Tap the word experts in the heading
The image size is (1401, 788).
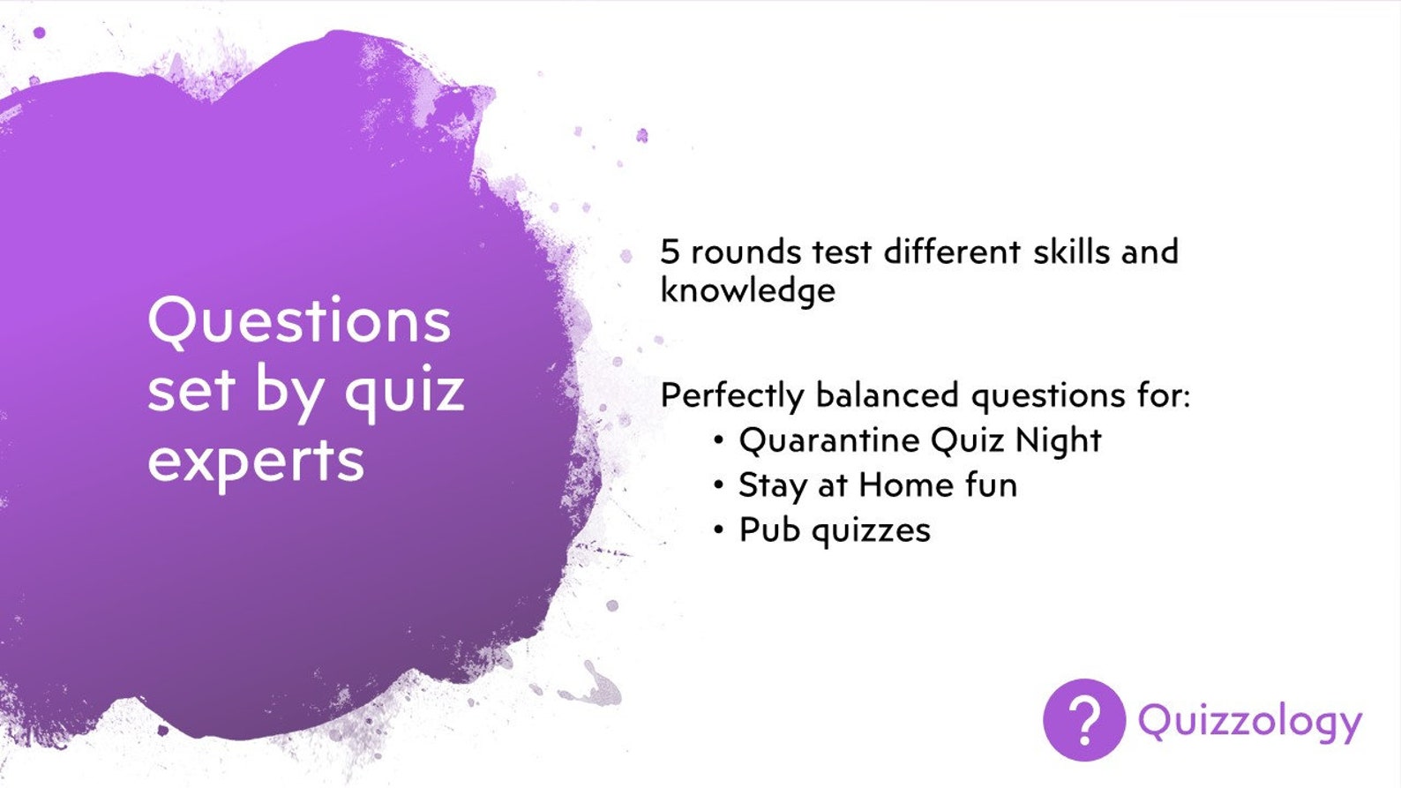click(x=256, y=461)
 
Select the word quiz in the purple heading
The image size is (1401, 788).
click(x=404, y=390)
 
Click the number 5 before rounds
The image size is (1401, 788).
click(x=671, y=252)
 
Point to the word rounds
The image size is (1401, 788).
click(x=745, y=252)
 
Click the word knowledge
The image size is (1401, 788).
click(x=747, y=290)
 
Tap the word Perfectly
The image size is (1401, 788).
click(x=731, y=395)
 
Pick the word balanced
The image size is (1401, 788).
click(x=887, y=394)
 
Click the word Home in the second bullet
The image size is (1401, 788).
click(x=906, y=484)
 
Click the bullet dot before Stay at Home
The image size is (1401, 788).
click(x=720, y=484)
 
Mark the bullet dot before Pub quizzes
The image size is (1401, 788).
click(x=720, y=529)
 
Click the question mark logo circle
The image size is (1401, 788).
click(x=1083, y=720)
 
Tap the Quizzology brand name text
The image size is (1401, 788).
click(x=1249, y=722)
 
